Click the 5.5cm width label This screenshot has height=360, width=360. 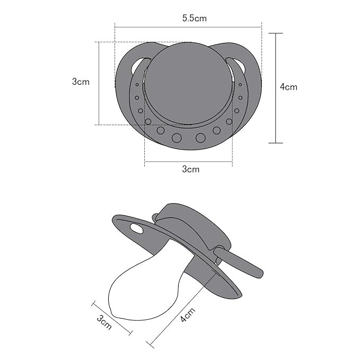coord(195,18)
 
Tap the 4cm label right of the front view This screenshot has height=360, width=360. coord(288,87)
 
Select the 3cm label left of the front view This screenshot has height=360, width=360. coord(81,82)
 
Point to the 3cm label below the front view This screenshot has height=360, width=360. coord(190,169)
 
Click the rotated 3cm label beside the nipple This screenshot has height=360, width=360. coord(104,322)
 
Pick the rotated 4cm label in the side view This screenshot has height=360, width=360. coord(188,314)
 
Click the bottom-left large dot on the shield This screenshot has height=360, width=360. coord(177,138)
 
